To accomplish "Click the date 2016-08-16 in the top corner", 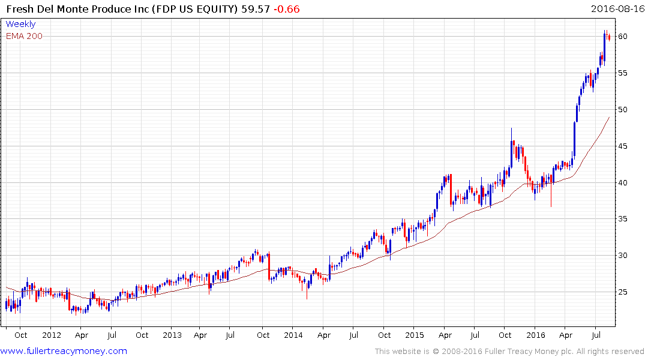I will click(616, 9).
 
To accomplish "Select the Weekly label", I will click(20, 24).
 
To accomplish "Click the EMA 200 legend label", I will click(24, 36).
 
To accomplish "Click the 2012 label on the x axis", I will click(52, 335).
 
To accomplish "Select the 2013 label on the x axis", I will click(172, 335).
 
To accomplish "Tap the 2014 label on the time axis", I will click(293, 335).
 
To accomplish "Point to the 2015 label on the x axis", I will click(415, 335).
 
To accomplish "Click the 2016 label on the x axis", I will click(536, 335).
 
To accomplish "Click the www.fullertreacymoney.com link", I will click(64, 351).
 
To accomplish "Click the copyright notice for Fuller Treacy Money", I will click(509, 351).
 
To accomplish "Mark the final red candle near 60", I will click(609, 38).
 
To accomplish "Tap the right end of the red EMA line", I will click(609, 118).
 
